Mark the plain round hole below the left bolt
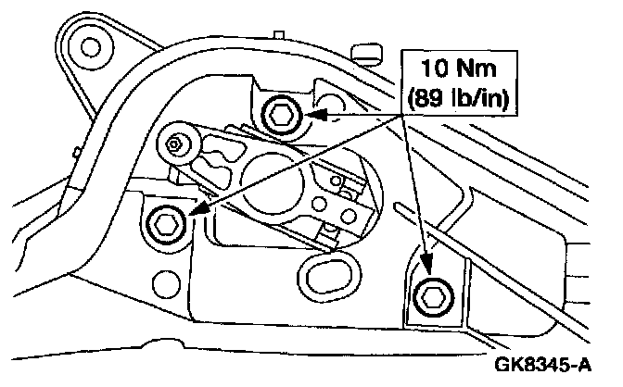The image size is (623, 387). point(169,279)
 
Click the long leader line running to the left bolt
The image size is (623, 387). point(297,166)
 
